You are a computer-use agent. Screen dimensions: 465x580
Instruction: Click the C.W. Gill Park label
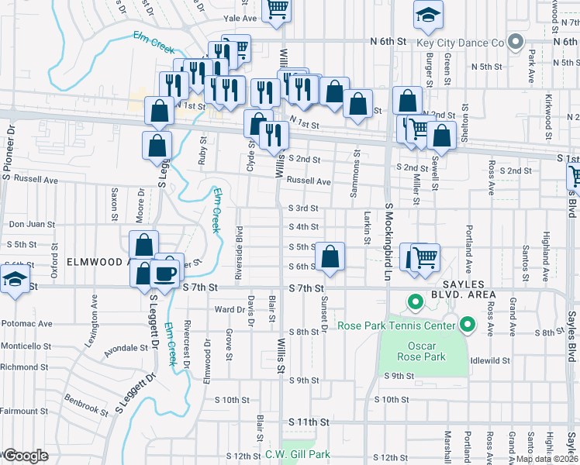(298, 454)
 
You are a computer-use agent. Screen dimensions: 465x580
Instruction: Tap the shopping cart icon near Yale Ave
(276, 9)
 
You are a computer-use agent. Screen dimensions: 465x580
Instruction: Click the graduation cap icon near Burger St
(427, 15)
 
